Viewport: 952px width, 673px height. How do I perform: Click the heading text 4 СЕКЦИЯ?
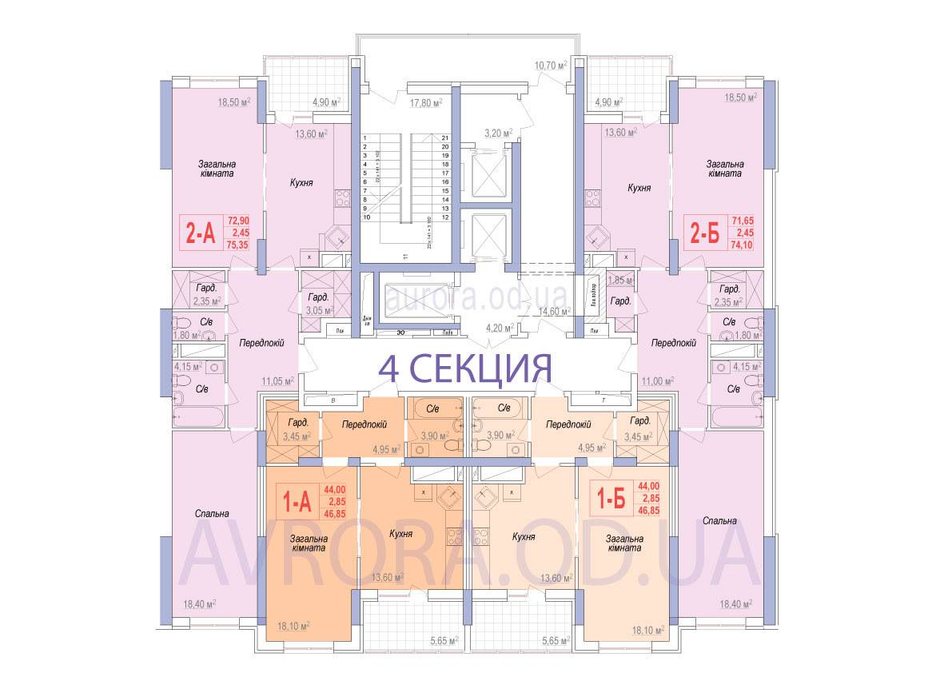[x=465, y=368]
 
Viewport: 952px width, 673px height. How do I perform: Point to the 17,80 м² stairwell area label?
[x=426, y=102]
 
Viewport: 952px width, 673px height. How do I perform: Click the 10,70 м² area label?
[x=551, y=65]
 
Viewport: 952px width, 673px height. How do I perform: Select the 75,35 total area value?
[x=238, y=245]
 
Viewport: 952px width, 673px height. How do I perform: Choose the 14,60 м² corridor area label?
[x=552, y=312]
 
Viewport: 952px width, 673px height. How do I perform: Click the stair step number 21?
[x=444, y=138]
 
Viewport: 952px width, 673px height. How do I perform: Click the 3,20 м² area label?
[x=500, y=133]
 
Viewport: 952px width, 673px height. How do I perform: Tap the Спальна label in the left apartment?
[x=211, y=513]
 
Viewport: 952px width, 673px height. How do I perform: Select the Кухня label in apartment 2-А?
[x=301, y=183]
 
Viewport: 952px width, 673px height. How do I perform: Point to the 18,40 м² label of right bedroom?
[x=732, y=605]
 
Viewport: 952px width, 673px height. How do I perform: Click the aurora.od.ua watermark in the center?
[x=476, y=297]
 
